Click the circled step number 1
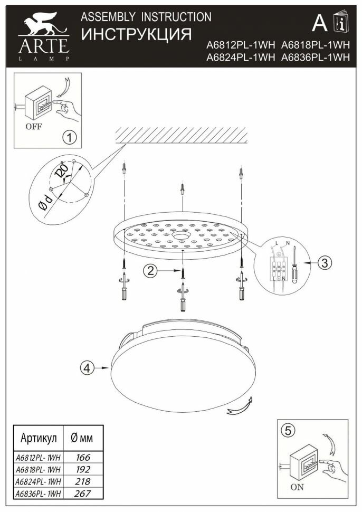coord(69,138)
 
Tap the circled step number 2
coord(151,271)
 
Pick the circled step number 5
coord(287,430)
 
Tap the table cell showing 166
coord(83,457)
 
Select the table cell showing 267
coord(83,494)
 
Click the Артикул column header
coord(38,438)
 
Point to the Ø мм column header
coord(82,438)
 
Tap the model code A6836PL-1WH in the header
coord(316,59)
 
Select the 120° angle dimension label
coord(62,172)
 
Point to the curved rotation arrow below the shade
coord(238,410)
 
